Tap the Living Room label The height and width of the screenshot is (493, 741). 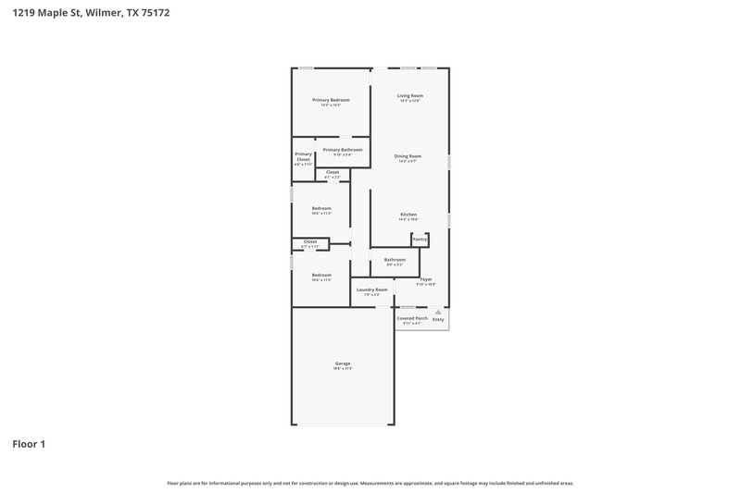(410, 96)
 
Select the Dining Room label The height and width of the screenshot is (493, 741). (408, 156)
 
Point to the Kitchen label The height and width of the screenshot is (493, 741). (408, 215)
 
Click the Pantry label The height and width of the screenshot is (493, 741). (420, 239)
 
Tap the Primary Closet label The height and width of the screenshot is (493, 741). (303, 156)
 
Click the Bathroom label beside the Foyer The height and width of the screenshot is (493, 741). (395, 260)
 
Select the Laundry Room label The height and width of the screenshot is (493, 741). (372, 290)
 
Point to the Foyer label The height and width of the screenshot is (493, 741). (426, 279)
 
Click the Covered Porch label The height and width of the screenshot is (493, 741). (412, 318)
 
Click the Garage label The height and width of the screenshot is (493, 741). (343, 364)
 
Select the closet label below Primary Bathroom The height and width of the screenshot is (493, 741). (333, 172)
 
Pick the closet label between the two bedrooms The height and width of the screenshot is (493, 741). (310, 242)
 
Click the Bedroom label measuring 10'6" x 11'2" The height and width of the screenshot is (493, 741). (321, 208)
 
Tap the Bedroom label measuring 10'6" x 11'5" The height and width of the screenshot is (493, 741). (321, 276)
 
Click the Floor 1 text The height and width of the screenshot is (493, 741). (29, 444)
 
